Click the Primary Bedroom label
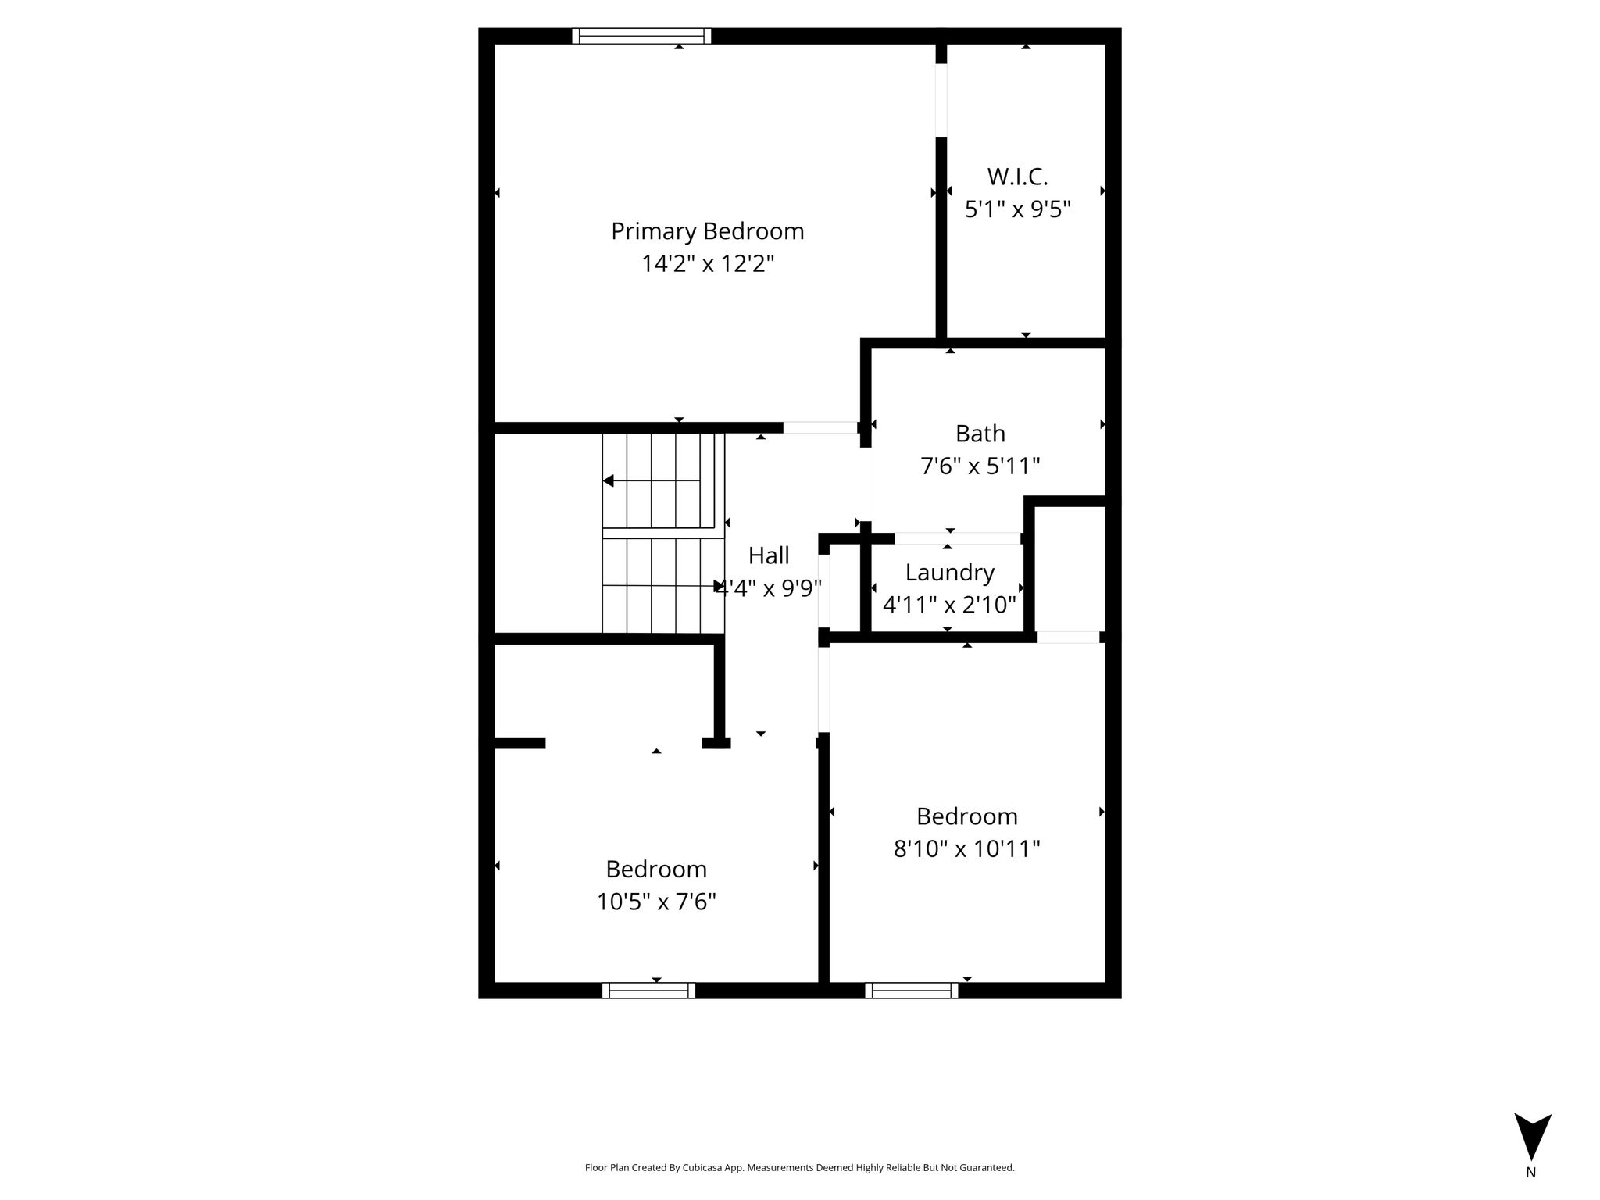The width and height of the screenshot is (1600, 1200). [707, 231]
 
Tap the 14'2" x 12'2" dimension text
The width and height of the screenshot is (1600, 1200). [707, 264]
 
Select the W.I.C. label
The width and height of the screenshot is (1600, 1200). [1017, 177]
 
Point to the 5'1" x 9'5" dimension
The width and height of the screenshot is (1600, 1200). [1017, 209]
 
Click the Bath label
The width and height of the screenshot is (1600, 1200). [980, 433]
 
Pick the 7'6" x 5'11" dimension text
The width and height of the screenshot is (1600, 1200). [980, 466]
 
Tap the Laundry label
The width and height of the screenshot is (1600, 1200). [950, 573]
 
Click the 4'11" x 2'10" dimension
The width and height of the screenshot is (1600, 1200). [950, 605]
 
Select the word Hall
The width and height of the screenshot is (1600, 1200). [769, 555]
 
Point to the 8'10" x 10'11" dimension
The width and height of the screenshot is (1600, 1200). [967, 848]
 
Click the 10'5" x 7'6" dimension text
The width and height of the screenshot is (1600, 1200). [656, 902]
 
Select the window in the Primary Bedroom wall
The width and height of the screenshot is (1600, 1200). [641, 36]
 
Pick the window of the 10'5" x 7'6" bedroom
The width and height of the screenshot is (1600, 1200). [648, 991]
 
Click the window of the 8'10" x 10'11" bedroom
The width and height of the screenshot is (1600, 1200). [912, 991]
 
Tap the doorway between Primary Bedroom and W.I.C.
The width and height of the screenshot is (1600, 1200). [941, 101]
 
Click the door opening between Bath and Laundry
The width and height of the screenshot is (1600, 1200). [958, 538]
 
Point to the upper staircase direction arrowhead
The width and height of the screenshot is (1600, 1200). [608, 480]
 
